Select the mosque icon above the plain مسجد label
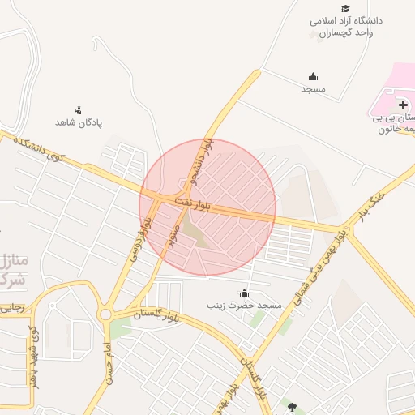[x=314, y=76]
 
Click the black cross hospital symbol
[x=403, y=105]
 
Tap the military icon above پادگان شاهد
[x=78, y=109]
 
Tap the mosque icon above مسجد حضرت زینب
[x=244, y=293]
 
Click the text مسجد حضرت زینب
[x=246, y=306]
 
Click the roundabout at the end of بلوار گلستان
[x=105, y=315]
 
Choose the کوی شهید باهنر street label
[x=33, y=356]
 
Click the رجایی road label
[x=14, y=308]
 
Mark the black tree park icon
[x=292, y=406]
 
